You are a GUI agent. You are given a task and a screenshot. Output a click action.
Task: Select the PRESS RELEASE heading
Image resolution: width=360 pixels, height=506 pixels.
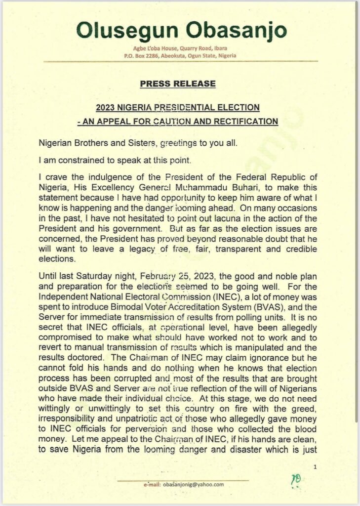(178, 84)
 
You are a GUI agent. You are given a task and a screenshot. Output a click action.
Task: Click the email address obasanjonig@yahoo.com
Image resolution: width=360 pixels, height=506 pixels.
(194, 485)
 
